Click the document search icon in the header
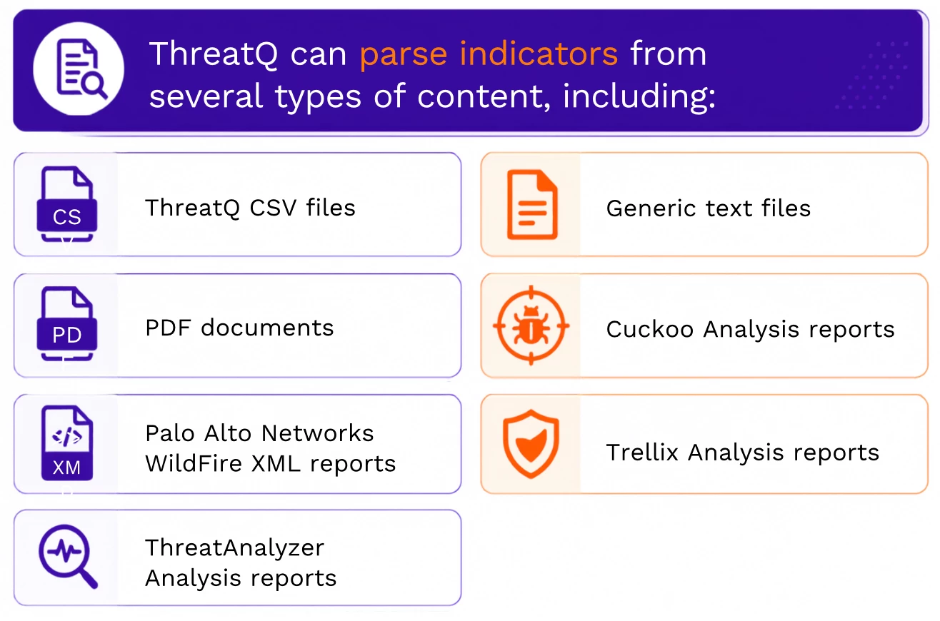(81, 69)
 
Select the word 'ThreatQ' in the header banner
(213, 54)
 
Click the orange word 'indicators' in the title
(539, 54)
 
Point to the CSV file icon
(67, 205)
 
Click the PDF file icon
(67, 324)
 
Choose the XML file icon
(67, 443)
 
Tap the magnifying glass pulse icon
(68, 557)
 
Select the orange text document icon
(532, 205)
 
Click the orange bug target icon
(531, 325)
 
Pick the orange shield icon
(531, 444)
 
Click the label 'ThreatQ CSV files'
(250, 208)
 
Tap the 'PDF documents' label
(239, 328)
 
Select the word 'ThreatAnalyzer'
(234, 547)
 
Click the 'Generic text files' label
(709, 208)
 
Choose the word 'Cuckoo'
(649, 329)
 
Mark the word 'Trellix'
(642, 452)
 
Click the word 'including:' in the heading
(639, 97)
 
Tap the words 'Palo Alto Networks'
(259, 433)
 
